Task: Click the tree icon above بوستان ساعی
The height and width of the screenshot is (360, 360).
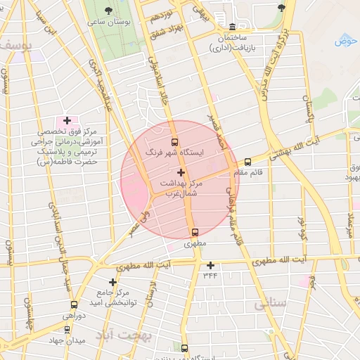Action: click(x=108, y=11)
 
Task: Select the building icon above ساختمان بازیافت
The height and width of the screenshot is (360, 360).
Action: click(x=223, y=16)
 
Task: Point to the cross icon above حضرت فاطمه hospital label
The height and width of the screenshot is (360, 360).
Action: click(x=67, y=121)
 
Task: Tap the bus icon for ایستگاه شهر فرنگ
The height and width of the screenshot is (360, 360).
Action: click(x=174, y=141)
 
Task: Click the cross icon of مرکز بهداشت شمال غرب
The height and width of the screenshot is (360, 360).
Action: click(x=181, y=172)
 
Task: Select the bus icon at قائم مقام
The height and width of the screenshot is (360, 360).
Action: click(x=247, y=162)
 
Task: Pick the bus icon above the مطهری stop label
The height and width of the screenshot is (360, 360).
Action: click(x=195, y=233)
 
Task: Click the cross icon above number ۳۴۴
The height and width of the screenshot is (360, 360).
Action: click(x=210, y=265)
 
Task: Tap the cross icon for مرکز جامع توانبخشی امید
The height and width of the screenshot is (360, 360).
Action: click(x=112, y=282)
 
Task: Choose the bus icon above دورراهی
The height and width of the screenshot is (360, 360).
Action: click(x=75, y=305)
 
